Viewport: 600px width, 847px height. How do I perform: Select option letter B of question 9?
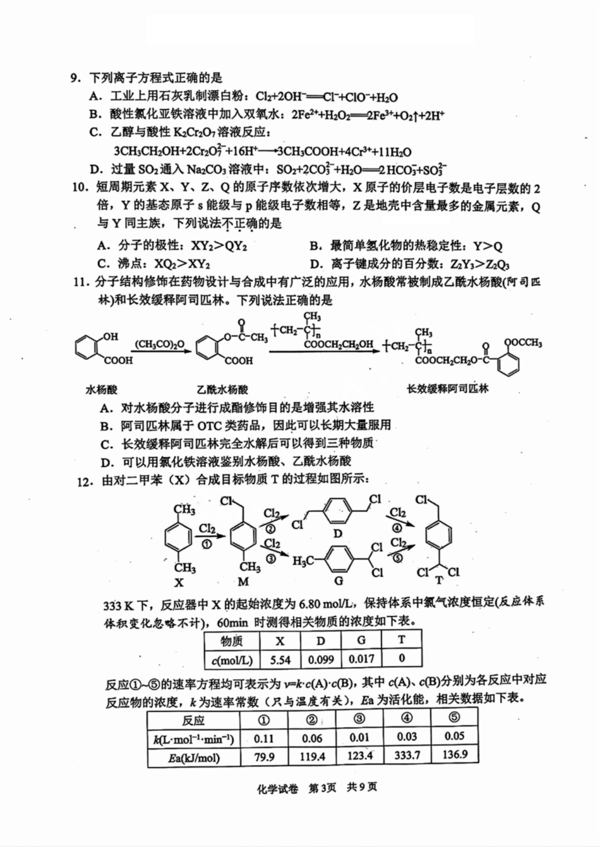(x=94, y=115)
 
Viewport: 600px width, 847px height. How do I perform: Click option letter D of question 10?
(x=314, y=264)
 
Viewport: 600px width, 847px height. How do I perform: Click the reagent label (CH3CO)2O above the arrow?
(x=160, y=345)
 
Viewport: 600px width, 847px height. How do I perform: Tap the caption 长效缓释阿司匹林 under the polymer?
(x=448, y=388)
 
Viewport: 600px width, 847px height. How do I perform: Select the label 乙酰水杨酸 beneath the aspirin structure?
(x=222, y=389)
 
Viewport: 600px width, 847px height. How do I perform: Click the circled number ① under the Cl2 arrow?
(x=207, y=545)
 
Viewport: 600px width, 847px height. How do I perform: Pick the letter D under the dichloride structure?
(x=338, y=533)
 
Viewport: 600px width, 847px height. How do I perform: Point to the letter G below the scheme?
(x=339, y=581)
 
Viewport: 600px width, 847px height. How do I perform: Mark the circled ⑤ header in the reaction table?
(x=454, y=718)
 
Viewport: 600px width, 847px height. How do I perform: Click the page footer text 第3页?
(x=322, y=788)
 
